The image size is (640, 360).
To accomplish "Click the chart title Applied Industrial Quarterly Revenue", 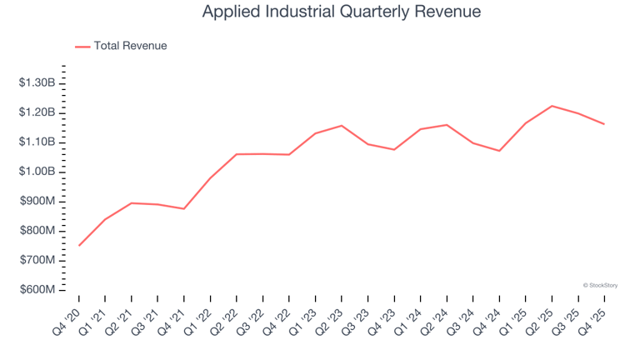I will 342,13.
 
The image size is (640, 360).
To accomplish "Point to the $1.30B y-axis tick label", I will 37,83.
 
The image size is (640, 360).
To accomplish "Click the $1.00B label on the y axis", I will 37,172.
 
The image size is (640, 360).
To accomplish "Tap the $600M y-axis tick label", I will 37,290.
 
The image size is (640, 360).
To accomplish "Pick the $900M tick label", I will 37,202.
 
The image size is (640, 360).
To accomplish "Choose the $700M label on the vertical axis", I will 37,261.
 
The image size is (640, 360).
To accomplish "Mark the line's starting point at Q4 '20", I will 79,245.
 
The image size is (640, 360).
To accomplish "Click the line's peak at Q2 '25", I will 552,106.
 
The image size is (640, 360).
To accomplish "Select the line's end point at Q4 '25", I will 604,124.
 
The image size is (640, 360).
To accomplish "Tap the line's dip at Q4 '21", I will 184,208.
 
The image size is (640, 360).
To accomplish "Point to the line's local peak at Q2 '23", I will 342,126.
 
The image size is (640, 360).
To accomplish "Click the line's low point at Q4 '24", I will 499,151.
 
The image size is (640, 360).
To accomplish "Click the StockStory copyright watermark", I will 600,285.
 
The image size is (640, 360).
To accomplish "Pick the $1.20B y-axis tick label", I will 37,112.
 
